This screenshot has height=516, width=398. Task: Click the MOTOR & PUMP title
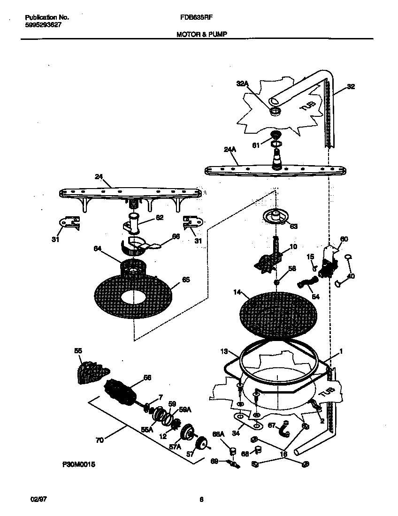[202, 34]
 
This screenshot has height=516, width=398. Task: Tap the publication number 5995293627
[43, 25]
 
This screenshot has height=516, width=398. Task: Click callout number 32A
[242, 84]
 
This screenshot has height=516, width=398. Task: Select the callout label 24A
[230, 150]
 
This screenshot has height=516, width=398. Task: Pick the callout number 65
[186, 280]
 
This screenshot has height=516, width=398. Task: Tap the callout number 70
[99, 440]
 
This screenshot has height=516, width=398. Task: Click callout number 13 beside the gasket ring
[224, 351]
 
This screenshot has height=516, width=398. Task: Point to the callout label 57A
[175, 447]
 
